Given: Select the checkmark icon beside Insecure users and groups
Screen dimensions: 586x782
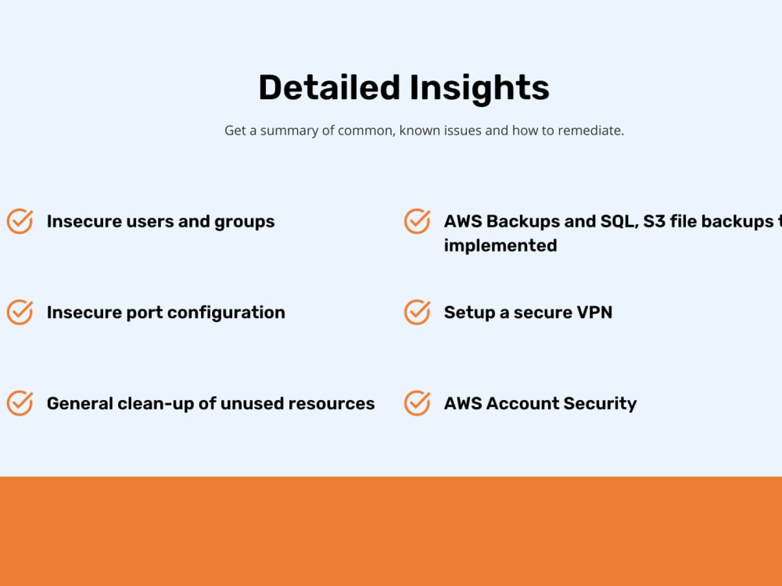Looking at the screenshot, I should tap(20, 221).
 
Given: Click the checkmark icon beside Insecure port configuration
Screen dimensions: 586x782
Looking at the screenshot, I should tap(20, 313).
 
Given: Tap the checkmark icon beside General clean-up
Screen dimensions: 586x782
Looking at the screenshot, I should tap(20, 403).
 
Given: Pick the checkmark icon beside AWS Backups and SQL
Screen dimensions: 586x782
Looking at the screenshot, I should tap(417, 221).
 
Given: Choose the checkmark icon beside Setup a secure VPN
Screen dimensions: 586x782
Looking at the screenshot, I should tap(417, 313).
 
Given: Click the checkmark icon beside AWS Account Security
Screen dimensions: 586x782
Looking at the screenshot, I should tap(417, 403).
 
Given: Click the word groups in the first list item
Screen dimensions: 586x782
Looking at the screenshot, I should tap(245, 222).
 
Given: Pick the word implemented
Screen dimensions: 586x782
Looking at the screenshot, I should tap(500, 245).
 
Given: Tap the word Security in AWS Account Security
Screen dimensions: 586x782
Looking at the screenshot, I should tap(601, 403).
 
